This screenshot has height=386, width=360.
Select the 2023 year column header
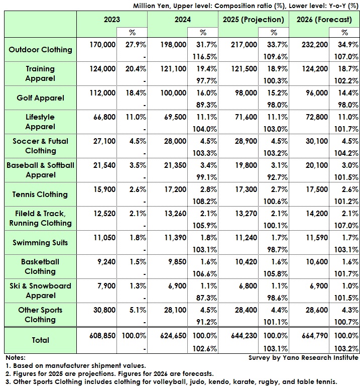(111, 19)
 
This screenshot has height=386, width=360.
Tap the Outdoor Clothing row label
(41, 50)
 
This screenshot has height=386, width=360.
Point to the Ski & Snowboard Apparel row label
(41, 291)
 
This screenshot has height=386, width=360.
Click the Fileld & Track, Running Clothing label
(41, 218)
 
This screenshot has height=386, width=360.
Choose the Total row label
(41, 340)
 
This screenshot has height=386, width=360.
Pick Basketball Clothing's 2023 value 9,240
(105, 262)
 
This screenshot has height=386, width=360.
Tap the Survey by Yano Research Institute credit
(303, 357)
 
